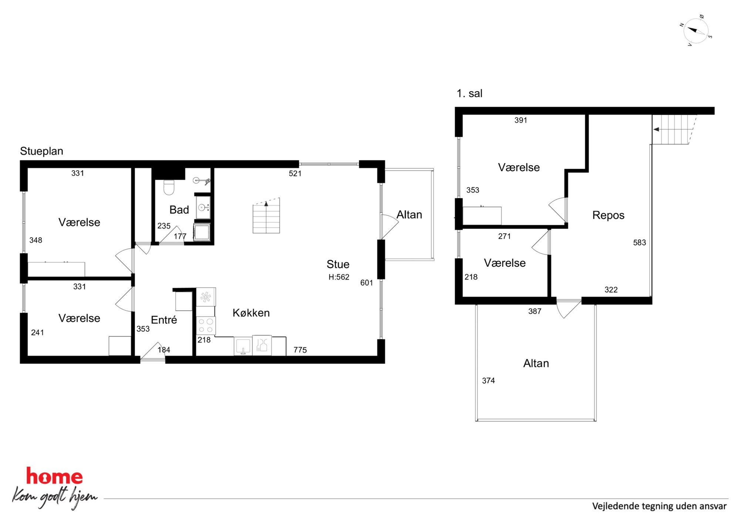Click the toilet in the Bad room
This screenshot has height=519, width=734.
169,187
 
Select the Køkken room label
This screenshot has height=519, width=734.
251,313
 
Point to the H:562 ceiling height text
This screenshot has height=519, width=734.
339,277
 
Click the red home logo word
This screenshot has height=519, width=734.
54,476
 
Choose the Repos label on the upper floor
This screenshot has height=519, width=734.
608,215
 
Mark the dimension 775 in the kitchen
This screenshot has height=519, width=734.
300,350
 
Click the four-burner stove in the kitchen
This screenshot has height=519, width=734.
206,326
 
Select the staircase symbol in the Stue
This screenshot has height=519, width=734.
266,216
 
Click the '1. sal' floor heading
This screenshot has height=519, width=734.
469,94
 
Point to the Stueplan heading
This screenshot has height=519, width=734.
41,151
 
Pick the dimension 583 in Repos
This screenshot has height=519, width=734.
639,243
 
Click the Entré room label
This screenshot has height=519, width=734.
164,320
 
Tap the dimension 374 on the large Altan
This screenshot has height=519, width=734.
488,381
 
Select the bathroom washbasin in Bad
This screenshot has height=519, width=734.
203,208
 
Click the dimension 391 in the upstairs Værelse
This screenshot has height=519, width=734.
521,120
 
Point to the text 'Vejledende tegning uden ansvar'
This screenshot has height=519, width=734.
659,506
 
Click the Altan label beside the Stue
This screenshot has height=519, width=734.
409,215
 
